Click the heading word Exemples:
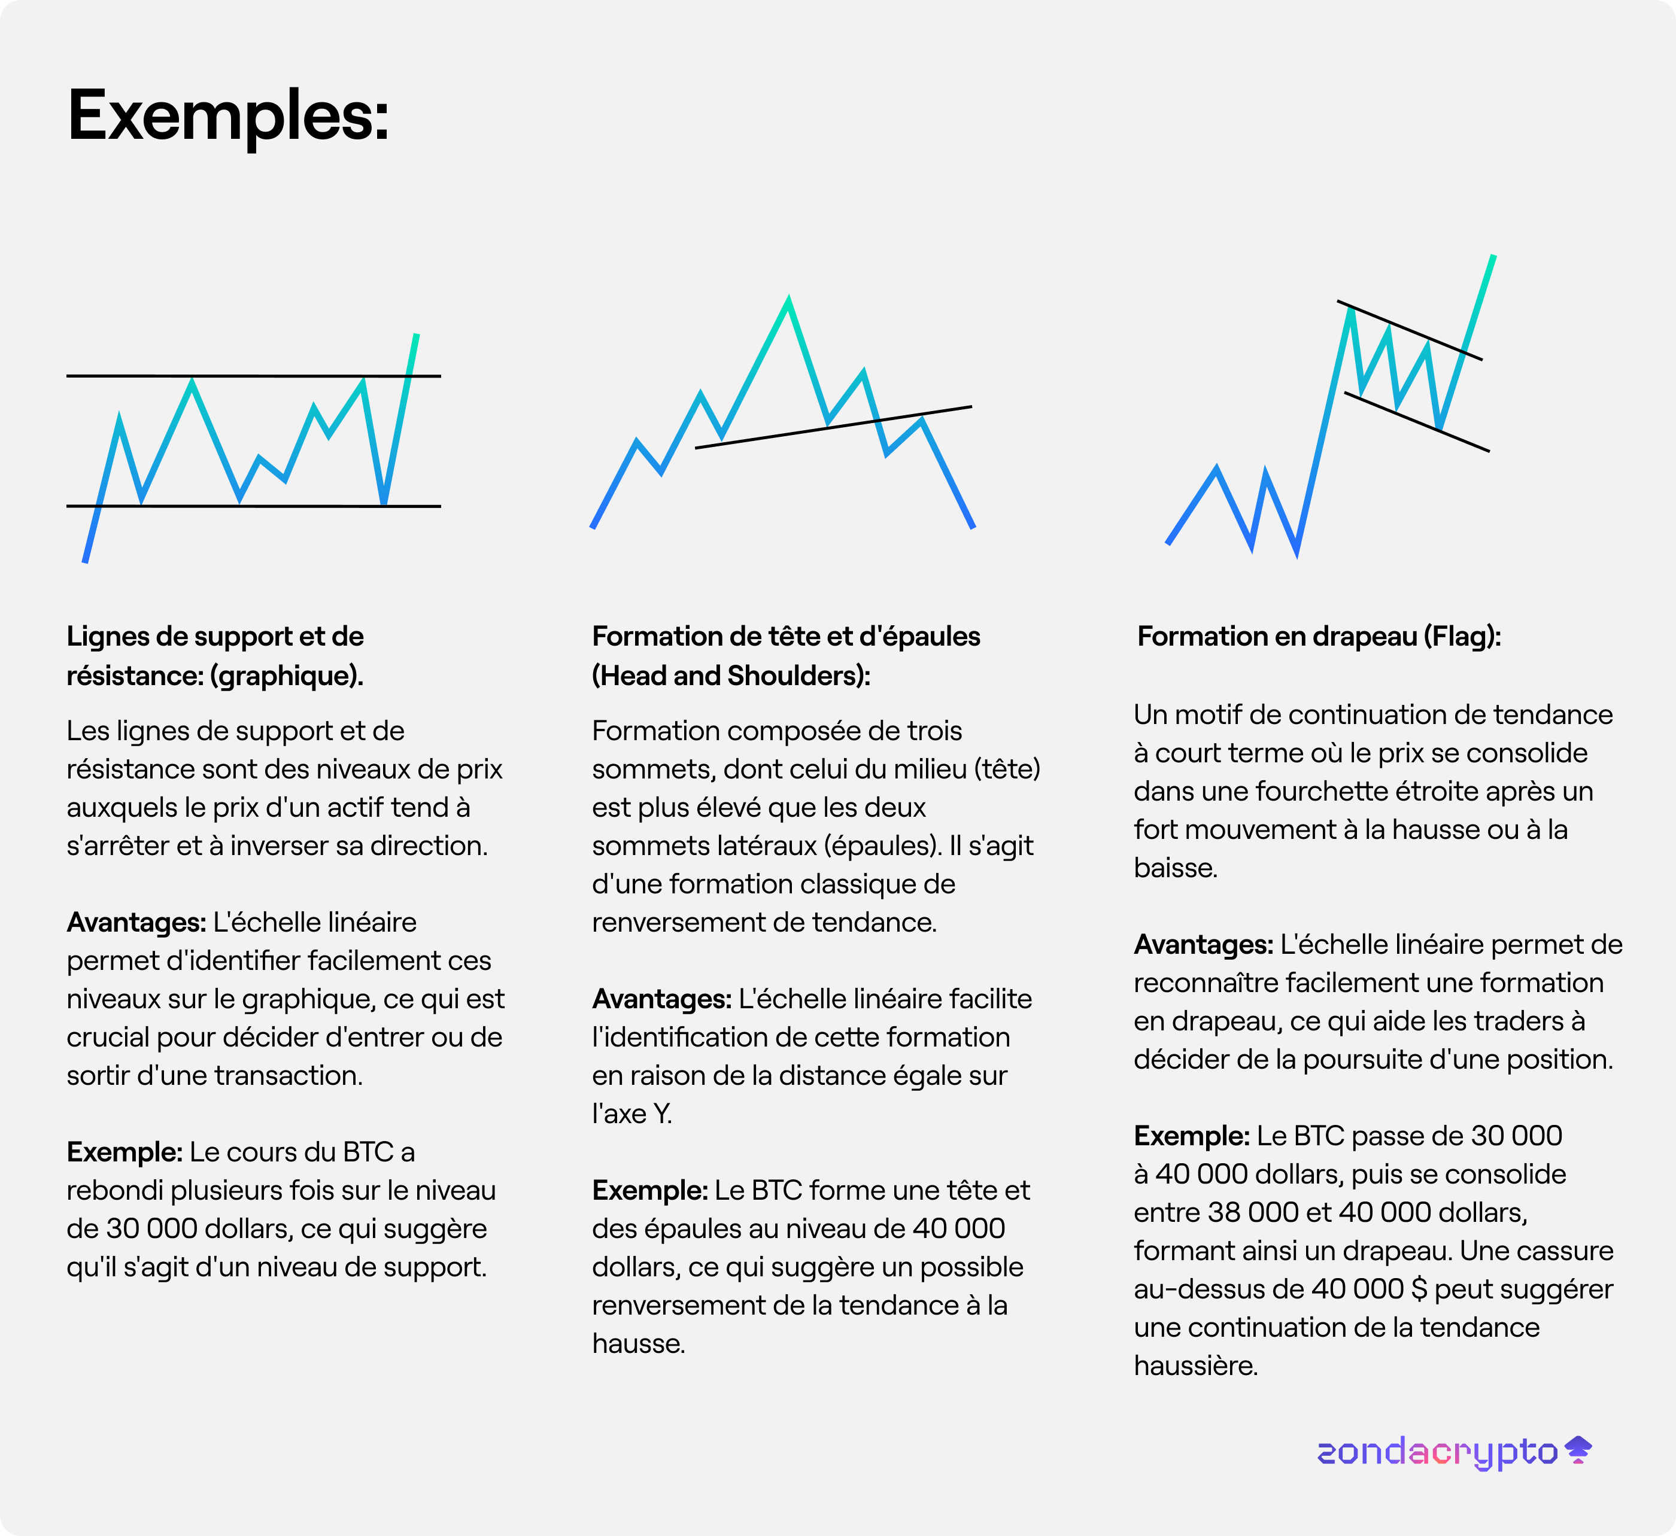click(x=228, y=116)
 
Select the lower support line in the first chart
click(x=274, y=506)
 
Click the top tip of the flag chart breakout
click(x=1493, y=258)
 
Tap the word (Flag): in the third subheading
click(x=1462, y=637)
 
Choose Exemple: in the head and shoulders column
click(x=649, y=1190)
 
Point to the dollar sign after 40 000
click(x=1419, y=1289)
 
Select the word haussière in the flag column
click(x=1195, y=1365)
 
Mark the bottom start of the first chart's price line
click(x=85, y=561)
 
